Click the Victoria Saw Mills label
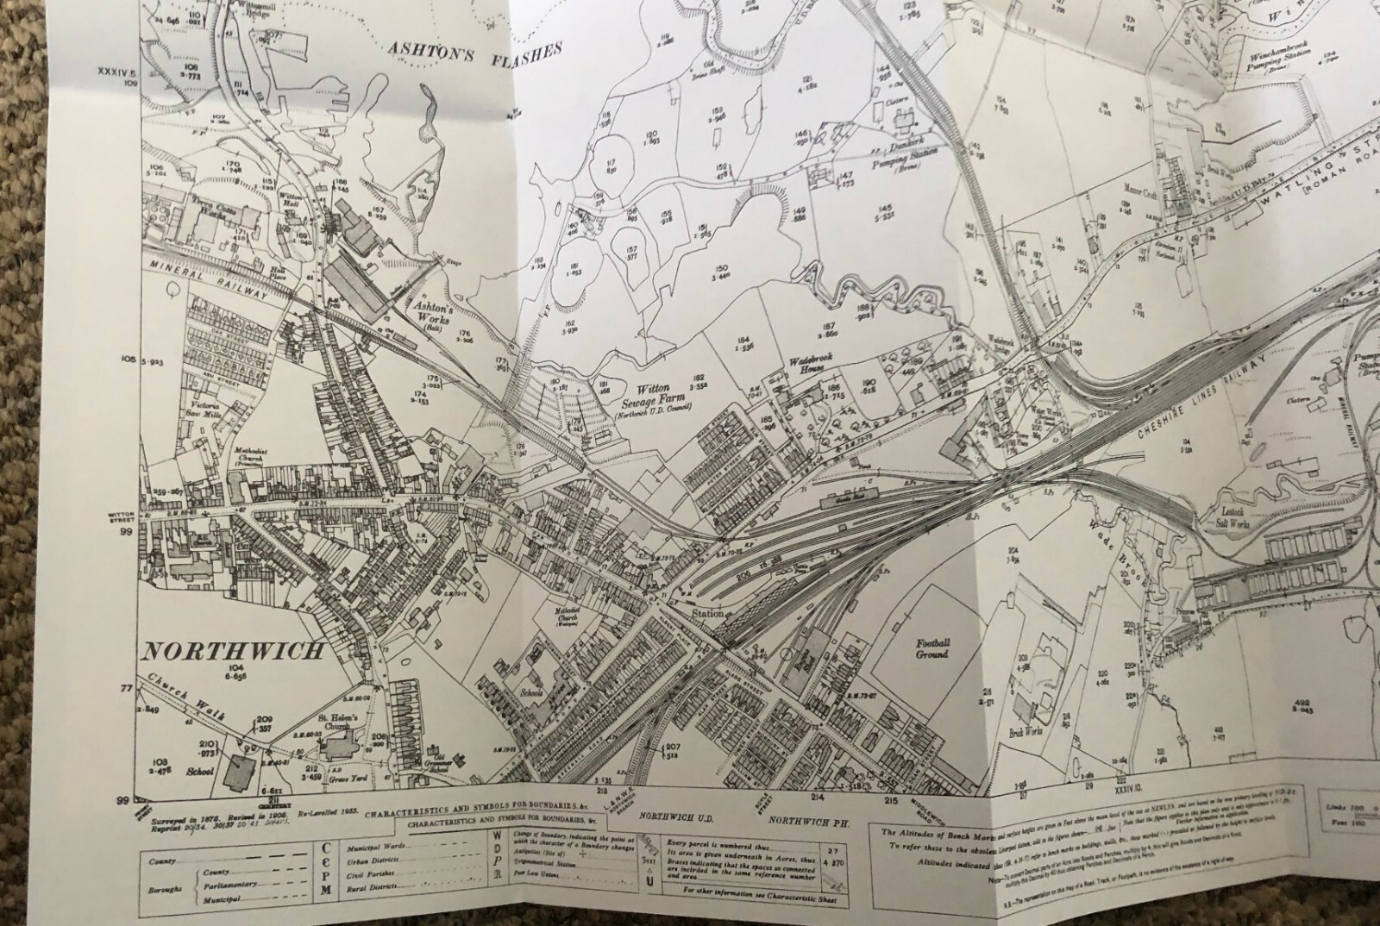206,409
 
